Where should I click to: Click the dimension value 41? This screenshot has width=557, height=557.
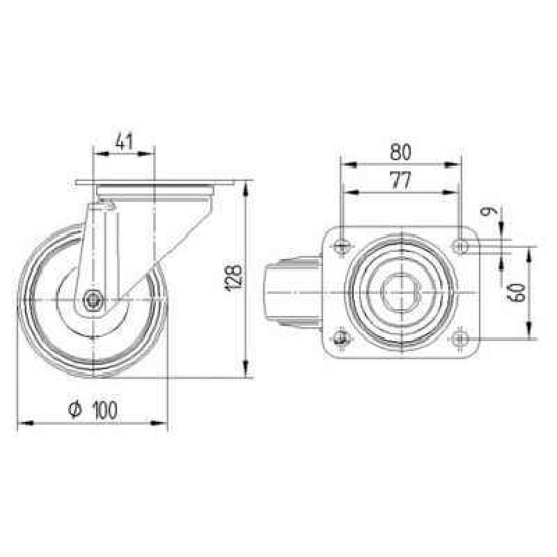[x=125, y=141]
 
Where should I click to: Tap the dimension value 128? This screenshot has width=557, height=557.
[x=234, y=277]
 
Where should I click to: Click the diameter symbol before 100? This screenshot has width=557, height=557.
[x=75, y=410]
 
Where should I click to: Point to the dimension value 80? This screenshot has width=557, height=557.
[x=400, y=152]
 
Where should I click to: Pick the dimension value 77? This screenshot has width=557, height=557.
[x=400, y=180]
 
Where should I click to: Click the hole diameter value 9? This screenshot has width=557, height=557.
[x=488, y=212]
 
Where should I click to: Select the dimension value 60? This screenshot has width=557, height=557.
[x=519, y=292]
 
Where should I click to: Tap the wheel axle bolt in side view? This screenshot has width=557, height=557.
[x=93, y=300]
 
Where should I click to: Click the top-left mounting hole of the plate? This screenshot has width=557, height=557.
[x=342, y=245]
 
